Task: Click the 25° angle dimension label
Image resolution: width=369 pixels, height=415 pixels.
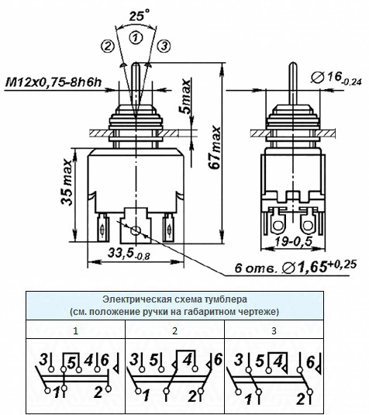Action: pyautogui.click(x=139, y=15)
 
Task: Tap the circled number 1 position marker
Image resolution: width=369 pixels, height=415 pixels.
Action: pyautogui.click(x=136, y=37)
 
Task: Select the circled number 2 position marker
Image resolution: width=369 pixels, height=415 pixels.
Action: pyautogui.click(x=107, y=47)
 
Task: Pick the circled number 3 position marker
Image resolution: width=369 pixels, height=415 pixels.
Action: pyautogui.click(x=164, y=47)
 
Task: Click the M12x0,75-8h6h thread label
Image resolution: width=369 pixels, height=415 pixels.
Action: pyautogui.click(x=53, y=82)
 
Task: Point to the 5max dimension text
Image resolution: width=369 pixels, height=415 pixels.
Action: pyautogui.click(x=186, y=96)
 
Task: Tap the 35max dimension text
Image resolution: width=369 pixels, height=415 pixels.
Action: pyautogui.click(x=67, y=182)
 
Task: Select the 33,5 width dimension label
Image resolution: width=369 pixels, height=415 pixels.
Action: pyautogui.click(x=129, y=254)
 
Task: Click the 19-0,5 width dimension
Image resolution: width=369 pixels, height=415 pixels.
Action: pyautogui.click(x=294, y=241)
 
